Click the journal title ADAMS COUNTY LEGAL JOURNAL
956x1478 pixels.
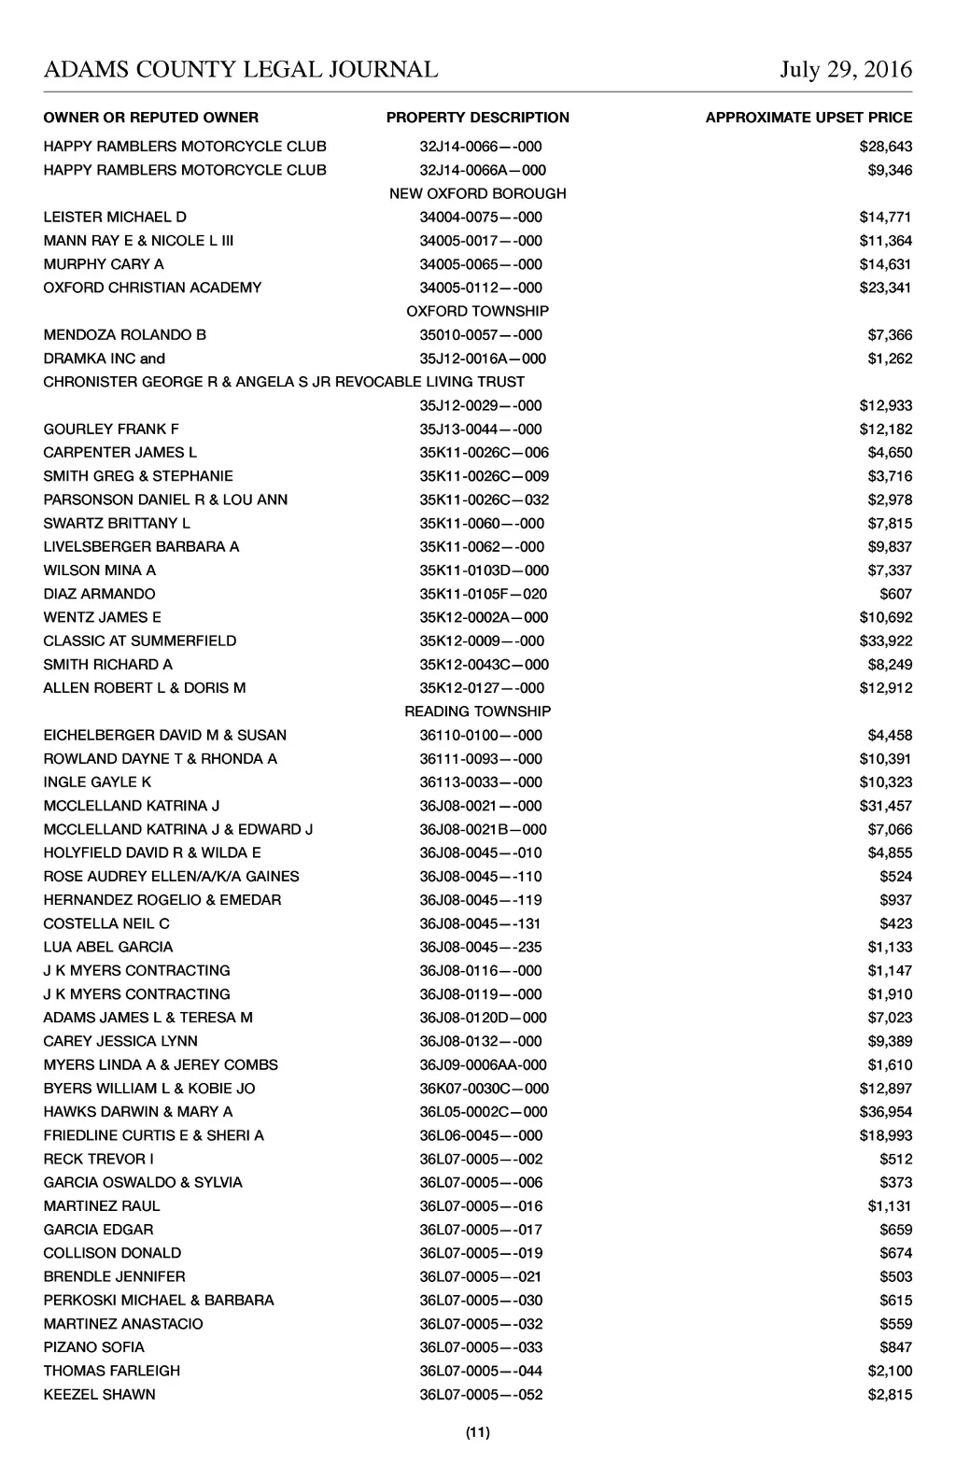point(240,70)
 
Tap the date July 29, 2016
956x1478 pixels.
point(846,70)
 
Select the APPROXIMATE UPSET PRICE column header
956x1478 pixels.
point(808,118)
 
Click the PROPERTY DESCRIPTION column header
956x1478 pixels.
point(477,118)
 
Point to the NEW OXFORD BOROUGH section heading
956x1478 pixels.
point(477,193)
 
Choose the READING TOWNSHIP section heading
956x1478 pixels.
point(477,711)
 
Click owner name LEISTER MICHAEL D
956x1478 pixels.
point(115,218)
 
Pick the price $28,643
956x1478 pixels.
point(885,147)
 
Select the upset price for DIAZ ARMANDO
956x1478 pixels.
point(895,594)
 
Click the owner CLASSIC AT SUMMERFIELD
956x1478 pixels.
point(140,641)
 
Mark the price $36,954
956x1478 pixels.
point(885,1112)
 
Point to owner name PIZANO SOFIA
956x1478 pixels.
point(93,1347)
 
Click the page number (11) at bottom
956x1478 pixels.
point(477,1432)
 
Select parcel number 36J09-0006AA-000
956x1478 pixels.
point(483,1065)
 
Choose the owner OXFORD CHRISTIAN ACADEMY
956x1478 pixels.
point(152,288)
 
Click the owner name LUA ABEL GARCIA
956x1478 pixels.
point(108,947)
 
